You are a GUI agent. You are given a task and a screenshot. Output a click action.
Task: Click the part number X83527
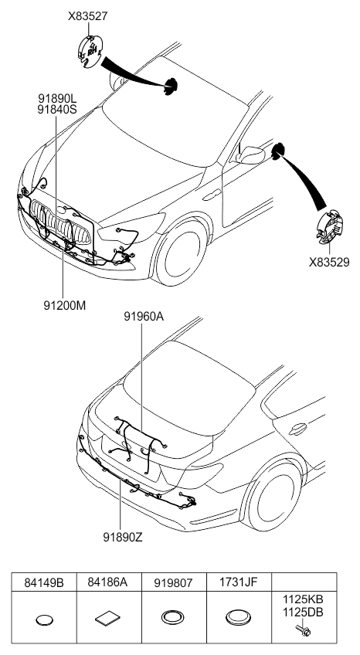coord(88,16)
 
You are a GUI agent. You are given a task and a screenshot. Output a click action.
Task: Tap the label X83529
coord(329,263)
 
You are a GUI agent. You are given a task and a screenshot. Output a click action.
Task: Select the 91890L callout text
coord(58,99)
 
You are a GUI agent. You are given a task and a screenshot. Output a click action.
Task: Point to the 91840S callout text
coord(58,110)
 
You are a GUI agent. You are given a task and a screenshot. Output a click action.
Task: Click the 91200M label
coord(65,305)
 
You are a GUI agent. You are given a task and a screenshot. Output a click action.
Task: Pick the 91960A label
coord(144,317)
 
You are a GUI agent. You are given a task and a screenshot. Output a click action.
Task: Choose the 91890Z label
coord(123,537)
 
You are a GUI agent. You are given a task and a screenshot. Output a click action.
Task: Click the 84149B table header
coord(44,582)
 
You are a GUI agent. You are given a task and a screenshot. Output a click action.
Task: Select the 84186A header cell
coord(107,582)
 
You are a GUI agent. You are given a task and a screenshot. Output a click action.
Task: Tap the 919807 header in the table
coord(174,582)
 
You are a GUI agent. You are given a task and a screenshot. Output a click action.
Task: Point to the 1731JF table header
coord(239,582)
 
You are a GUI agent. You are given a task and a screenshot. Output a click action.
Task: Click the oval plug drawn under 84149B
coord(45,620)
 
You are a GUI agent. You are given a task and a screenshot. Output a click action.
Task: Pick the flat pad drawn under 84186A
coord(108,619)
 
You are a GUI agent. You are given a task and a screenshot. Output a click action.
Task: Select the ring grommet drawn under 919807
coord(172,617)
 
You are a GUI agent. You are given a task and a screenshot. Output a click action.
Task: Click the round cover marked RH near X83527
coord(90,52)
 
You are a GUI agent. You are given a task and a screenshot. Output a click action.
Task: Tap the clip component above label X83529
coord(330,227)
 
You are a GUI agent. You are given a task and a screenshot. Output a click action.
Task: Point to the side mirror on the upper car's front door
coord(250,154)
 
